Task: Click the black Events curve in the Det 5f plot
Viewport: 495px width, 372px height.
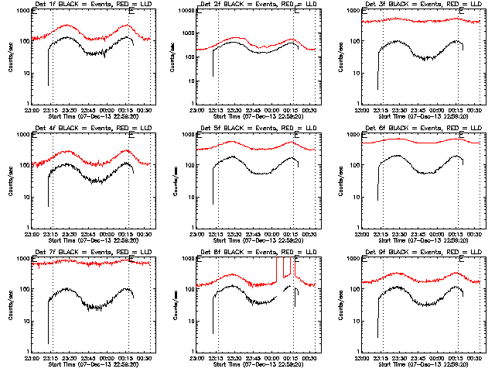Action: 255,167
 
